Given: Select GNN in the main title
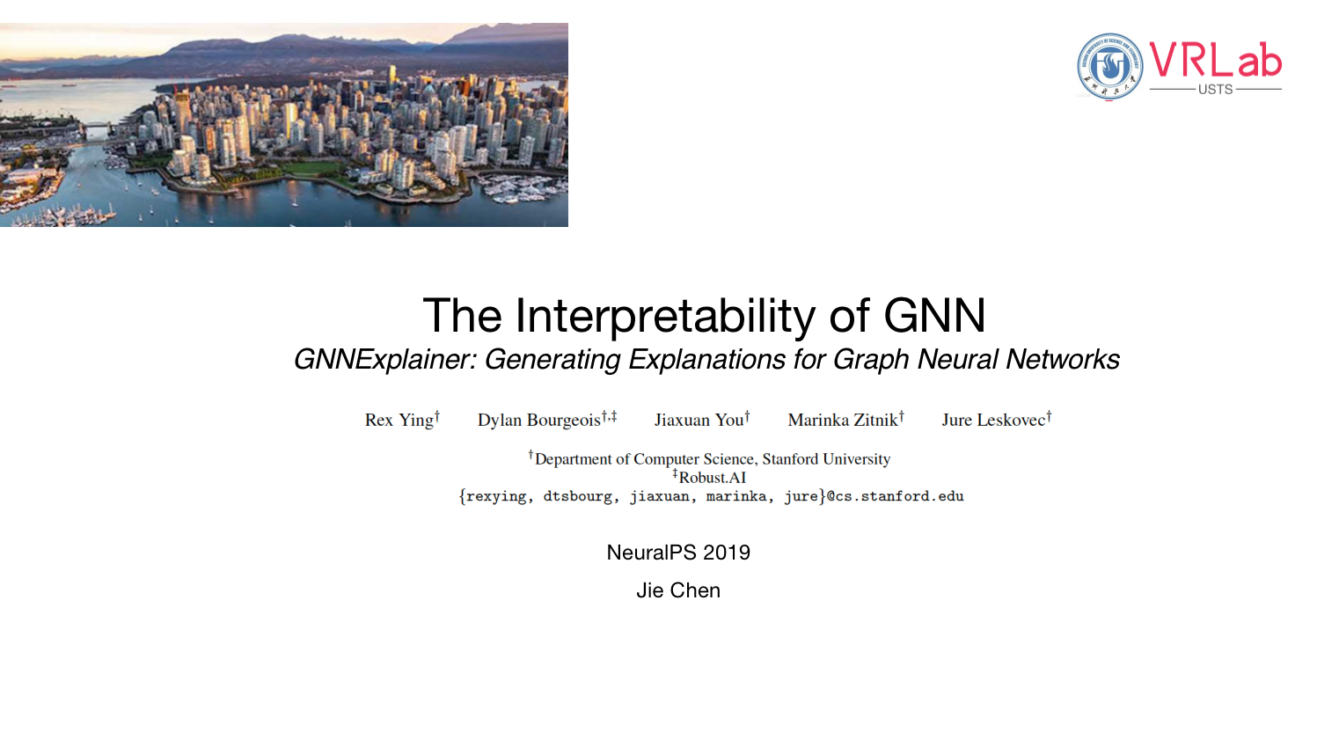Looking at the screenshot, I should click(x=934, y=316).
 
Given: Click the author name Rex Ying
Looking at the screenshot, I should click(x=399, y=421).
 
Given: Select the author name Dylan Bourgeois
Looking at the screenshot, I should click(x=538, y=421).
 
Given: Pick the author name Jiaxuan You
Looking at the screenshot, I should click(x=699, y=421).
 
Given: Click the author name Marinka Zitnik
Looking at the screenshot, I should click(x=842, y=421).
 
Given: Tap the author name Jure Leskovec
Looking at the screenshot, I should click(x=993, y=421).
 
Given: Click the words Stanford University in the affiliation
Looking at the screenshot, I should click(x=826, y=459).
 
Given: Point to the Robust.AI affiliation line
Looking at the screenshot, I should click(x=712, y=478).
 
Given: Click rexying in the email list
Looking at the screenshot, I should click(x=496, y=497).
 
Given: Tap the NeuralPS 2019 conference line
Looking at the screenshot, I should click(x=678, y=553).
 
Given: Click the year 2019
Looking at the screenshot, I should click(x=727, y=553).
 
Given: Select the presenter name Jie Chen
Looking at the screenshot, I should click(x=678, y=590).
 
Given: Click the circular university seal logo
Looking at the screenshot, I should click(x=1109, y=66).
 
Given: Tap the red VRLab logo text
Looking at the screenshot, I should click(x=1215, y=60).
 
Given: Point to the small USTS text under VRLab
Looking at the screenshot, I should click(x=1215, y=90).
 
